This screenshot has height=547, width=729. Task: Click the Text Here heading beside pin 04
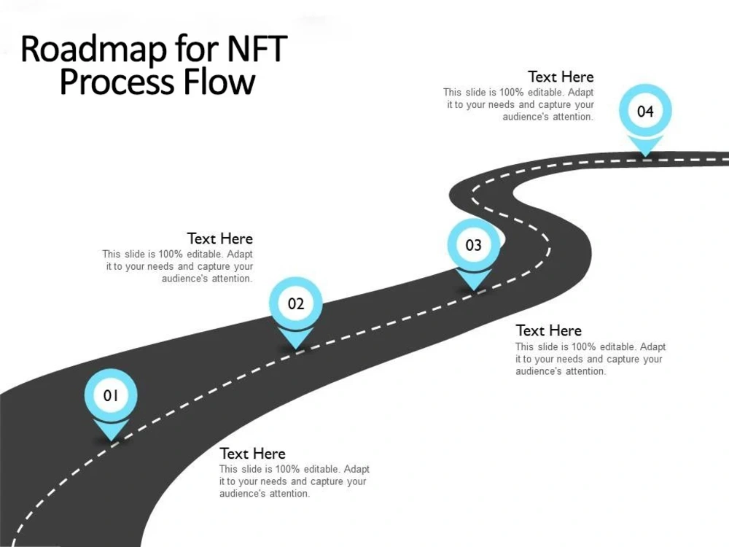[561, 77]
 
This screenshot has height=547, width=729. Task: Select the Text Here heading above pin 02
[219, 238]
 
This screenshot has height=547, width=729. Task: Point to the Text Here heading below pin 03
[548, 330]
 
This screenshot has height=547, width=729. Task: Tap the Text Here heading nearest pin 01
[252, 453]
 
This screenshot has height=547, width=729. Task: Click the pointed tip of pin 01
[111, 439]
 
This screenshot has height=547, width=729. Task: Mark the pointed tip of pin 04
[645, 155]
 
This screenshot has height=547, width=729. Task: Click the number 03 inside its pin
[474, 245]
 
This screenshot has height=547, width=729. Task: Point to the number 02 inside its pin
[295, 304]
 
